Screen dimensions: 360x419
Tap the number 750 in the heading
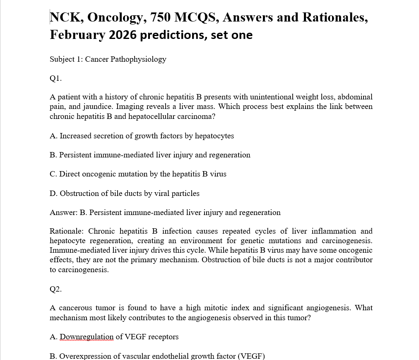point(159,17)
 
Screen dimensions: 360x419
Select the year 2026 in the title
point(123,35)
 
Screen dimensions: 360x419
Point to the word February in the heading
point(77,35)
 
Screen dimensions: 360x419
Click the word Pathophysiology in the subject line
point(138,59)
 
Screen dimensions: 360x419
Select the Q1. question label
point(55,78)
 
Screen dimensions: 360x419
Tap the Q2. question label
point(55,289)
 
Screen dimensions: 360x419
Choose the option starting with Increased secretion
point(142,135)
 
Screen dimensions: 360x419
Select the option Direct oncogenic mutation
point(138,174)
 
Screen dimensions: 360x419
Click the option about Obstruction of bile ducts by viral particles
point(124,193)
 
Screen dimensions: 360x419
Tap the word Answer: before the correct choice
point(63,213)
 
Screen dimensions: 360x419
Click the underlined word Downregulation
point(87,336)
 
